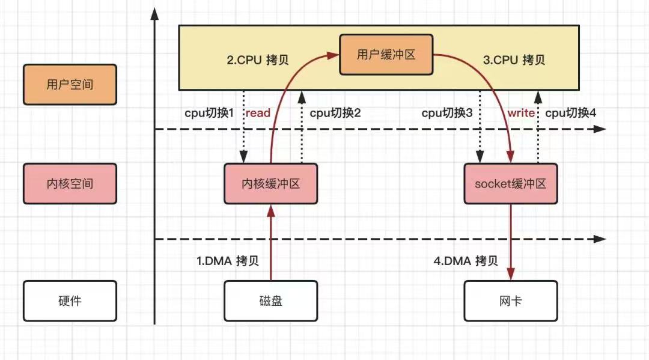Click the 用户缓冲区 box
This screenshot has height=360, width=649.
(x=386, y=55)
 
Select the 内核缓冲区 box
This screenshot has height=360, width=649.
(x=270, y=183)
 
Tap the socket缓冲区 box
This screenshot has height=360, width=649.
(x=510, y=183)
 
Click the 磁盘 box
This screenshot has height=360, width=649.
(x=270, y=301)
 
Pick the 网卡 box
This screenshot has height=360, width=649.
(x=510, y=301)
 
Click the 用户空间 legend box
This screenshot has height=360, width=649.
(x=70, y=84)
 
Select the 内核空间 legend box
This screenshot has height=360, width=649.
(x=70, y=183)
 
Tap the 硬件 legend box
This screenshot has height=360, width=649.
(x=70, y=301)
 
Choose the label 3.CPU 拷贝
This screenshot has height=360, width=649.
(x=514, y=60)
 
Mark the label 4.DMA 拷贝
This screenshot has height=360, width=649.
(x=466, y=261)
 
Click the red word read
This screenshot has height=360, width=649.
(x=258, y=112)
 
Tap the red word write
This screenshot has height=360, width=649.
(x=521, y=112)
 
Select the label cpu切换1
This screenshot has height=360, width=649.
(x=209, y=112)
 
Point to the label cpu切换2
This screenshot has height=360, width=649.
(x=335, y=112)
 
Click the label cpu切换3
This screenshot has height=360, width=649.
(x=448, y=112)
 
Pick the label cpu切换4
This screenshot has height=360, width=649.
(x=571, y=112)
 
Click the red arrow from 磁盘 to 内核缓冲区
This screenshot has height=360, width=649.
(x=270, y=243)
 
